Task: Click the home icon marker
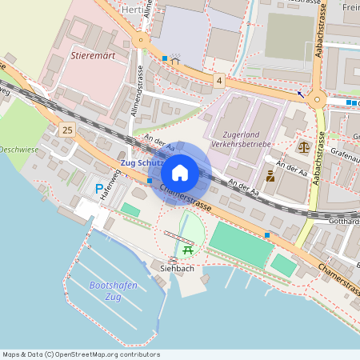(179, 173)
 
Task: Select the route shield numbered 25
(66, 130)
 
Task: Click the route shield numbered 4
(219, 80)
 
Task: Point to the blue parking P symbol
(99, 189)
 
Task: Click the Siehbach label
(178, 269)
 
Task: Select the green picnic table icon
(188, 250)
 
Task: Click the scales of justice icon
(303, 146)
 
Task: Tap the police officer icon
(270, 176)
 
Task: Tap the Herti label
(134, 9)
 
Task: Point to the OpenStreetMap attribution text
(70, 354)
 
